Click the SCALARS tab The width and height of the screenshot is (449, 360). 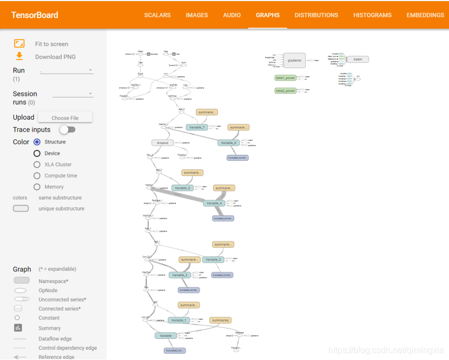click(157, 15)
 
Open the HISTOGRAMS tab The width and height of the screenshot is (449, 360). click(372, 15)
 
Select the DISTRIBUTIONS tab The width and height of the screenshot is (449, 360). click(316, 15)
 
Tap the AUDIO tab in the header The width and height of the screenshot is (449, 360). click(232, 15)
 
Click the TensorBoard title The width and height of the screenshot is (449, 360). click(35, 15)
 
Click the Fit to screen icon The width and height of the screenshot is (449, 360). click(19, 43)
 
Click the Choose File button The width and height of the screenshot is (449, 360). click(65, 117)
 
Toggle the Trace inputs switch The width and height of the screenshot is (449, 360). click(67, 129)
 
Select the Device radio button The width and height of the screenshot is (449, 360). click(37, 153)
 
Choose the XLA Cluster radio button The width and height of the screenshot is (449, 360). click(37, 165)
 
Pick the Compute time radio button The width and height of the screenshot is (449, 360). click(37, 175)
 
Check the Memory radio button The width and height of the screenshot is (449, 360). click(37, 187)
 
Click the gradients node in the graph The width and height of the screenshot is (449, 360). click(294, 60)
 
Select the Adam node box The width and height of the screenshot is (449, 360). click(358, 60)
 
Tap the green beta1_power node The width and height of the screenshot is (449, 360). click(286, 78)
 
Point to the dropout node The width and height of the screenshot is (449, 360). click(163, 143)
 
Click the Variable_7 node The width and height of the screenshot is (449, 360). click(197, 127)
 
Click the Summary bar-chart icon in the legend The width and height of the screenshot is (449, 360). click(18, 328)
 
